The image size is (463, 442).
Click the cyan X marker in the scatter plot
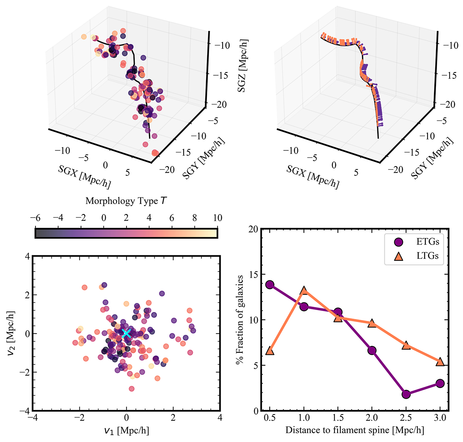pos(126,334)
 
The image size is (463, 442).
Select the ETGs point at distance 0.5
pos(270,285)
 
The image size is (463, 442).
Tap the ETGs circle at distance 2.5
pos(406,394)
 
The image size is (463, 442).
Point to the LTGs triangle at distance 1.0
pos(304,290)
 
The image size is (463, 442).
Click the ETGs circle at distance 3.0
pos(440,383)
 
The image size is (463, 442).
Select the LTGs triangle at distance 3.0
pos(440,361)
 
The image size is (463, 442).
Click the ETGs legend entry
pos(415,242)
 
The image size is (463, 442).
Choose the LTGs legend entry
pos(415,255)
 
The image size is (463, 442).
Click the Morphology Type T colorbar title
pos(126,201)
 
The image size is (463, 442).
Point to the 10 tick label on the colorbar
pos(218,218)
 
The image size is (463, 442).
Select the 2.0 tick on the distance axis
pos(372,418)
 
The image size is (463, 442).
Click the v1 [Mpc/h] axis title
pos(126,430)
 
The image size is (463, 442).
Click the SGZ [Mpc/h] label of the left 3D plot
pos(243,66)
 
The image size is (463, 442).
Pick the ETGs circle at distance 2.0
pos(372,350)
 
